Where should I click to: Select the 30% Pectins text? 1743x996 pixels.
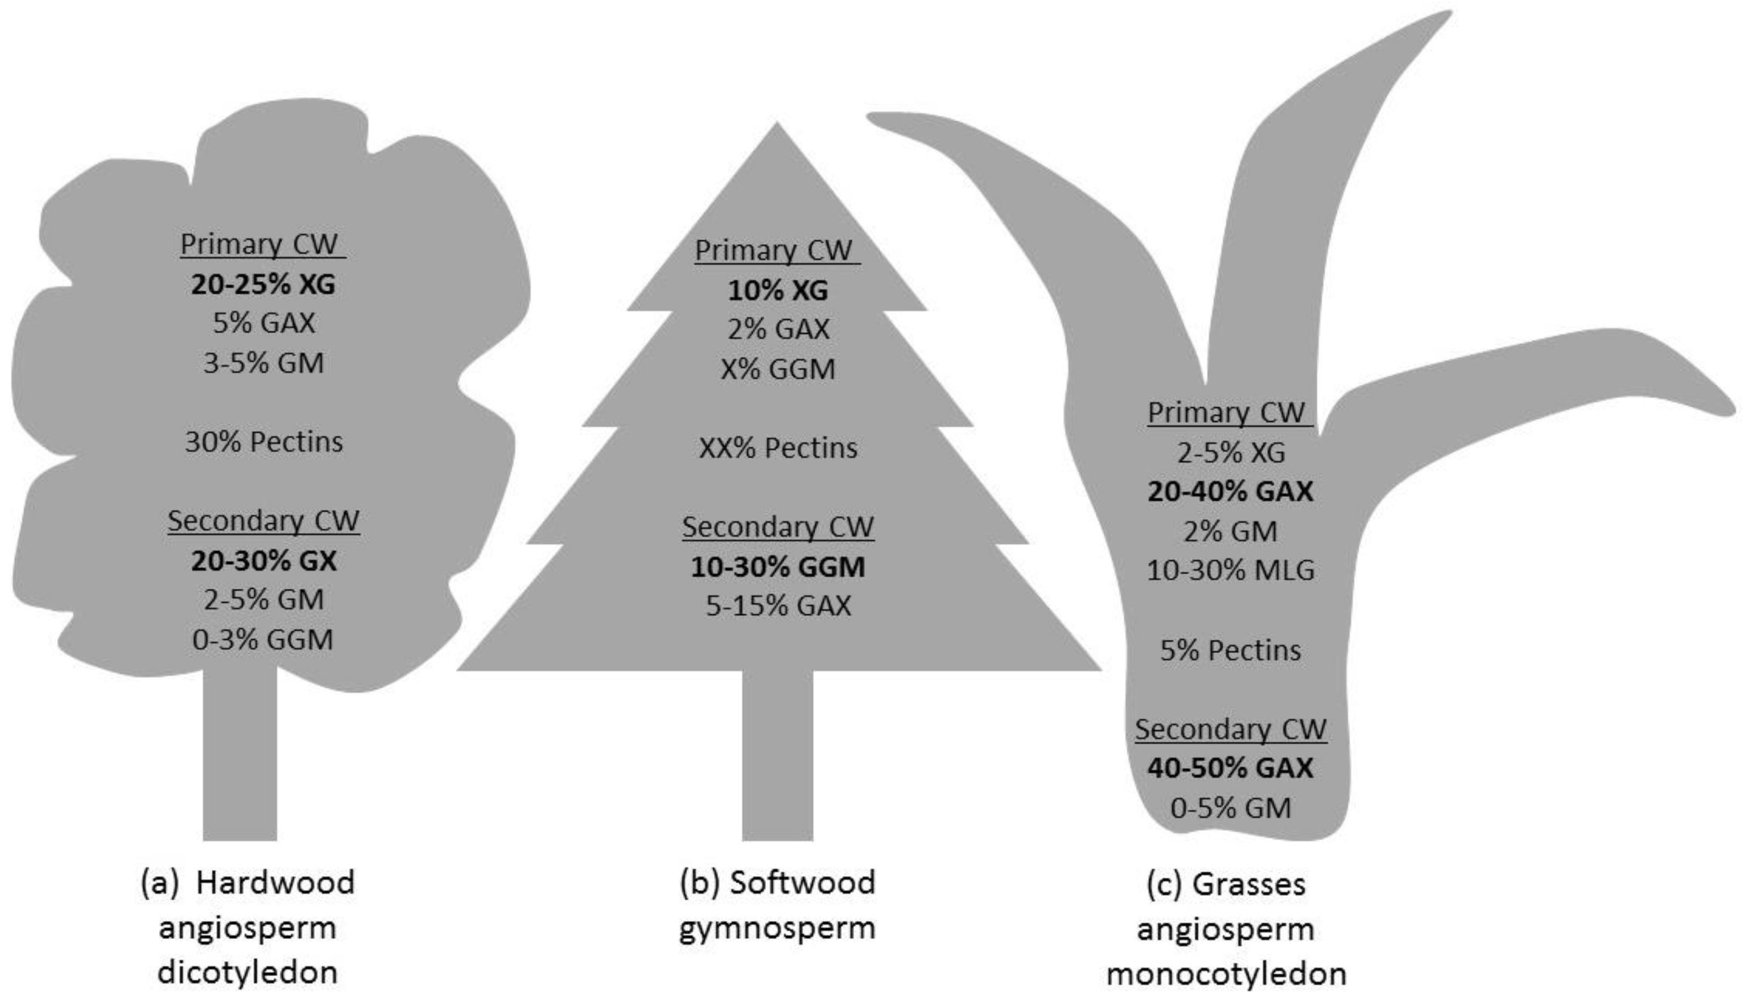(x=264, y=442)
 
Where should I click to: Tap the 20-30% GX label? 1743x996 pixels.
(x=264, y=561)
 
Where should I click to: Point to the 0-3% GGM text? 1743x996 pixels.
(x=264, y=640)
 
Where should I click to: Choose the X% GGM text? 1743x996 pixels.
(x=778, y=369)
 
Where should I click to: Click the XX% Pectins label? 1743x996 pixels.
(x=778, y=448)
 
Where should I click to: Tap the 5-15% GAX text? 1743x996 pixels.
(x=778, y=606)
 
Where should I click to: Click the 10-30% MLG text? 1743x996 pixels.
(x=1230, y=570)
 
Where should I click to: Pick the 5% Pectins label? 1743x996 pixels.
(x=1230, y=650)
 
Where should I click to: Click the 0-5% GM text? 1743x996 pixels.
(x=1230, y=808)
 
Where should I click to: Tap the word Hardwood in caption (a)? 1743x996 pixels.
(x=275, y=882)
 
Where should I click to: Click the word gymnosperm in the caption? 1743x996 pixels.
(x=777, y=928)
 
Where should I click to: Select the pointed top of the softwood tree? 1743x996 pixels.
(x=776, y=137)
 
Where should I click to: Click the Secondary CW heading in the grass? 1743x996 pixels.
(x=1230, y=729)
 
